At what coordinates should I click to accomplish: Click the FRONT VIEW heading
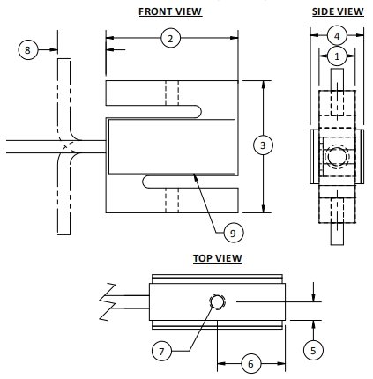click(169, 11)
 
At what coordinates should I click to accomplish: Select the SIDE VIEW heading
click(336, 11)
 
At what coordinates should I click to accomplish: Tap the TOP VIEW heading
click(217, 258)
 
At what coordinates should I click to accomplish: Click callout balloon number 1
click(336, 56)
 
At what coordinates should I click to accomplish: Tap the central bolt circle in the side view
click(336, 158)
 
